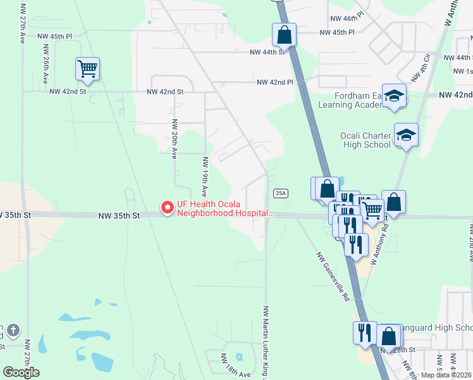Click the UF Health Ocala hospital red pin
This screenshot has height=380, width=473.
pyautogui.click(x=167, y=208)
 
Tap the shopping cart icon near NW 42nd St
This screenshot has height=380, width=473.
pyautogui.click(x=87, y=68)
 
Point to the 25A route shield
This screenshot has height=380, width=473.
pyautogui.click(x=281, y=193)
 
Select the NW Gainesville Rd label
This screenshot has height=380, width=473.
pyautogui.click(x=333, y=277)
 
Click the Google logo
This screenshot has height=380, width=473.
pyautogui.click(x=21, y=372)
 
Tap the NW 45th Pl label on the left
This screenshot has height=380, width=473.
pyautogui.click(x=56, y=37)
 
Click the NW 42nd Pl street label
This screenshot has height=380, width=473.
pyautogui.click(x=275, y=82)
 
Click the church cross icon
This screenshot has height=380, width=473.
pyautogui.click(x=14, y=331)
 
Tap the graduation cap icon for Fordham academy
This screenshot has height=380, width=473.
pyautogui.click(x=394, y=96)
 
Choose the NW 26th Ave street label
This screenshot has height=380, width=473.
pyautogui.click(x=46, y=64)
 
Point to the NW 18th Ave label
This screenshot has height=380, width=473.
pyautogui.click(x=236, y=374)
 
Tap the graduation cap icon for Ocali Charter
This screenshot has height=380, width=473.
pyautogui.click(x=405, y=135)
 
